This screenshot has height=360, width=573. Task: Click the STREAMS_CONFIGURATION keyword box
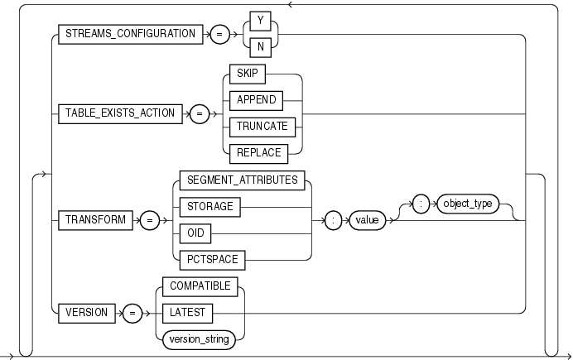pyautogui.click(x=131, y=35)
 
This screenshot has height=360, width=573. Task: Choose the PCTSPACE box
pyautogui.click(x=212, y=258)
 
